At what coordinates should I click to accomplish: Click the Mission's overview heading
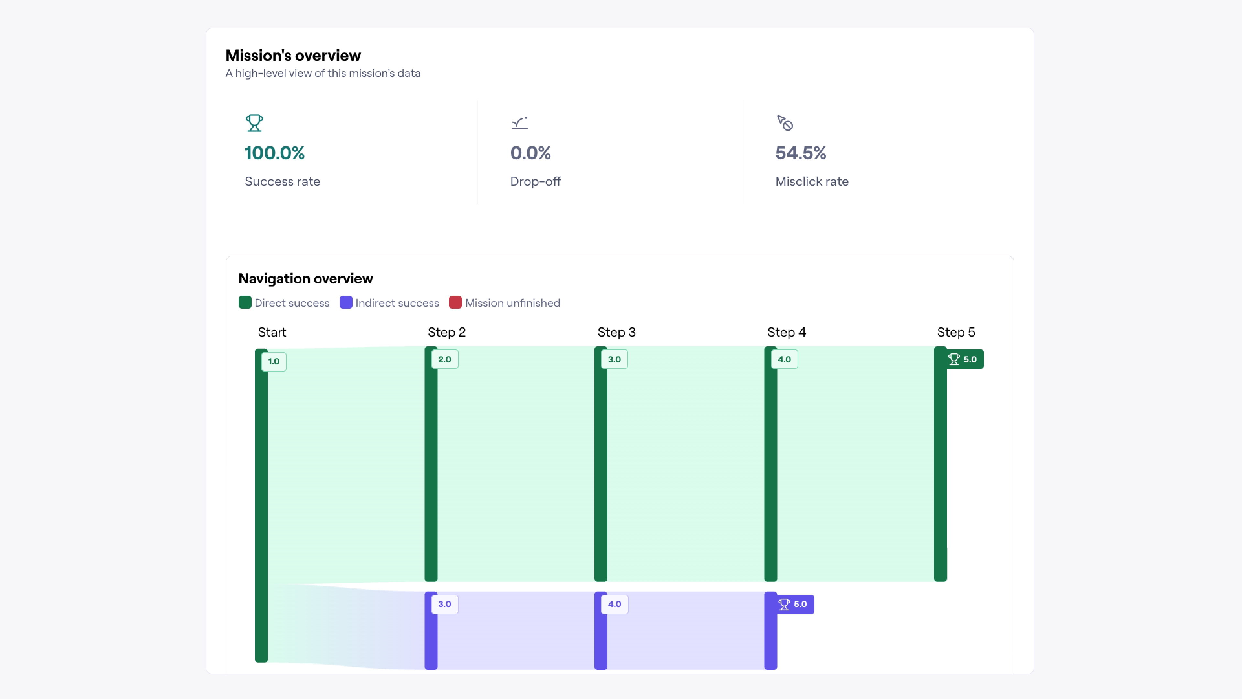click(293, 55)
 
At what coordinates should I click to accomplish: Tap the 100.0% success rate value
click(274, 153)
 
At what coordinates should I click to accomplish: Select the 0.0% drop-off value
click(530, 153)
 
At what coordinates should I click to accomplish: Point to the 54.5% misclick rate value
click(801, 153)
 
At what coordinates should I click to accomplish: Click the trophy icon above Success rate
click(254, 123)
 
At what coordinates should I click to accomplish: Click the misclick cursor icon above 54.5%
click(785, 123)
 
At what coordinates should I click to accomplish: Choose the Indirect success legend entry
click(389, 303)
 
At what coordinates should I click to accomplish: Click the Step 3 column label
click(616, 332)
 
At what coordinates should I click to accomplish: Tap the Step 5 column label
click(956, 332)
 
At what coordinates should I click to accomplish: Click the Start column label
click(272, 332)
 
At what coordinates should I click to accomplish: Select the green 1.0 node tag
click(273, 361)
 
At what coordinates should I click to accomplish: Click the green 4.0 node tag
click(784, 360)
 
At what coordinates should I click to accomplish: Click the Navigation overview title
click(305, 279)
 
